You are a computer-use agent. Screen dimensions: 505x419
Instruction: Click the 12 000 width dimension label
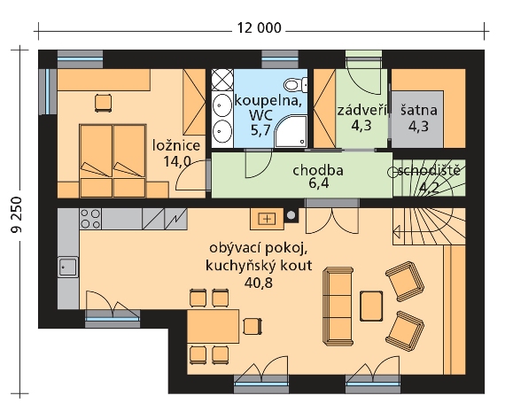pos(260,28)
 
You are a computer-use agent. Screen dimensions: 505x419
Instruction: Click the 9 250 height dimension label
pos(16,214)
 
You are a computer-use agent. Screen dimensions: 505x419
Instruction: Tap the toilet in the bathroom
pos(295,85)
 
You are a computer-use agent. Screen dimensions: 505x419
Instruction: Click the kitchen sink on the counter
pos(68,267)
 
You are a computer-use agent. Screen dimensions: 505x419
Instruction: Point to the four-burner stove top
pos(90,219)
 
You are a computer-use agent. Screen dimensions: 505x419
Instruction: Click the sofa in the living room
pos(338,306)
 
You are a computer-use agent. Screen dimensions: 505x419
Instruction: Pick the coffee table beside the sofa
pos(372,306)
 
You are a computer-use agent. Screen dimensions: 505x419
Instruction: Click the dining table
pos(214,326)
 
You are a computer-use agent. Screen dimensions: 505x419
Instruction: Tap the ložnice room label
pos(176,145)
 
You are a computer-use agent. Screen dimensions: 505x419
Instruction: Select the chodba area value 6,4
pos(318,184)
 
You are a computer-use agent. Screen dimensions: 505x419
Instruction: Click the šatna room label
pos(419,111)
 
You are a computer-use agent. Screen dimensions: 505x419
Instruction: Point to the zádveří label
pos(361,111)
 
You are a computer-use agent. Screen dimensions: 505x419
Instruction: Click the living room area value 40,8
pos(259,283)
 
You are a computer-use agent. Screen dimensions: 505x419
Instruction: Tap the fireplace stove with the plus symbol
pos(267,219)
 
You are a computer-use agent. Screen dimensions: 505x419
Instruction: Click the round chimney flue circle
pos(291,215)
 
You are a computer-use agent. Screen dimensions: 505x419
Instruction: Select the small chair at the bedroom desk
pos(104,103)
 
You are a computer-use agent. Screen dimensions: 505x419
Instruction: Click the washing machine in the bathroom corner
pos(222,80)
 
